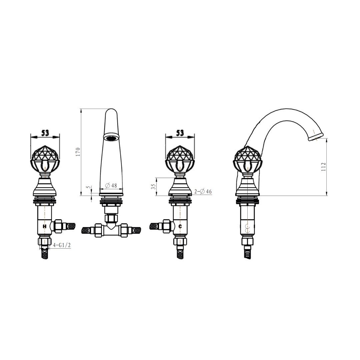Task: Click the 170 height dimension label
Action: coord(78,152)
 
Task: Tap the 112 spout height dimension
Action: coord(323,167)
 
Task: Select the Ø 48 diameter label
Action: coord(111,186)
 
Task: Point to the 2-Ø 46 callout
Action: coord(203,191)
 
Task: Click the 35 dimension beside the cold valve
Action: coord(154,186)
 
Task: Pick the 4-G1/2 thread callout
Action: coord(62,245)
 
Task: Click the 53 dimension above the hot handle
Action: coord(45,133)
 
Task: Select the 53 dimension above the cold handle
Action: coord(180,133)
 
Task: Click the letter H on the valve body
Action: coord(45,226)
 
